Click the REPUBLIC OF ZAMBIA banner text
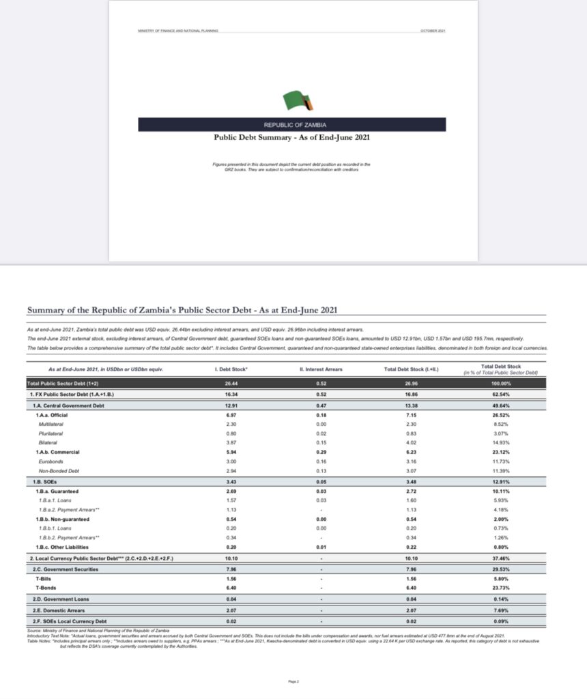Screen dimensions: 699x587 pyautogui.click(x=291, y=125)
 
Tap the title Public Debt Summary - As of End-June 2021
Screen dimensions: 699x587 pyautogui.click(x=292, y=137)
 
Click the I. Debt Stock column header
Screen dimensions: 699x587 pyautogui.click(x=230, y=369)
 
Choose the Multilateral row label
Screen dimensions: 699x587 pyautogui.click(x=53, y=424)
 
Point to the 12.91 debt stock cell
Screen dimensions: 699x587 pyautogui.click(x=230, y=405)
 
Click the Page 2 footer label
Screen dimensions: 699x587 pyautogui.click(x=293, y=681)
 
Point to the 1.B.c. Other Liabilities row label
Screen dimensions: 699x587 pyautogui.click(x=62, y=547)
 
